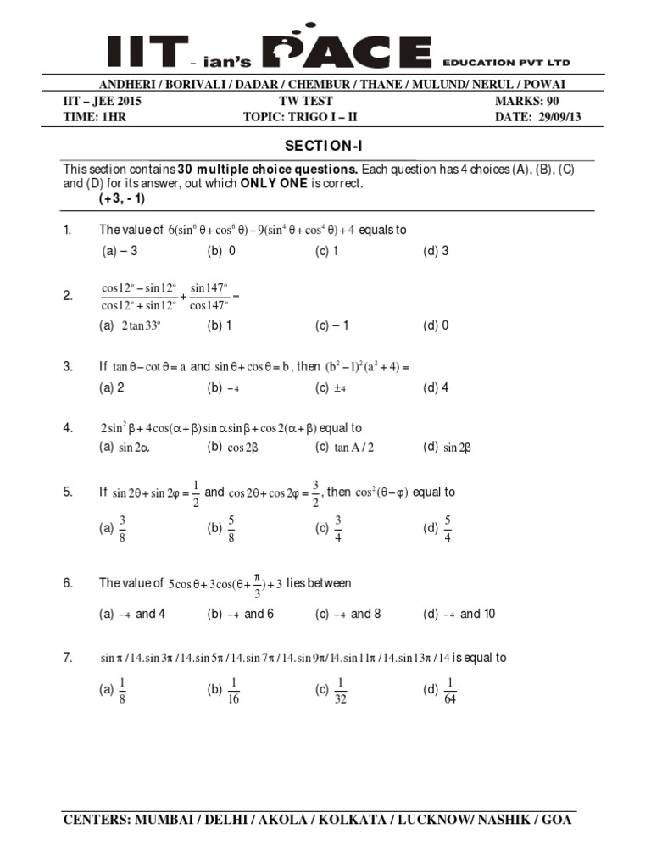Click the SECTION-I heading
pos(325,146)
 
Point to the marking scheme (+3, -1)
pos(122,199)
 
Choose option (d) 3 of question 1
pos(436,251)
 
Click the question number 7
pos(68,658)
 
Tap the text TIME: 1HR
pos(93,117)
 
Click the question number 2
pos(68,296)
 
